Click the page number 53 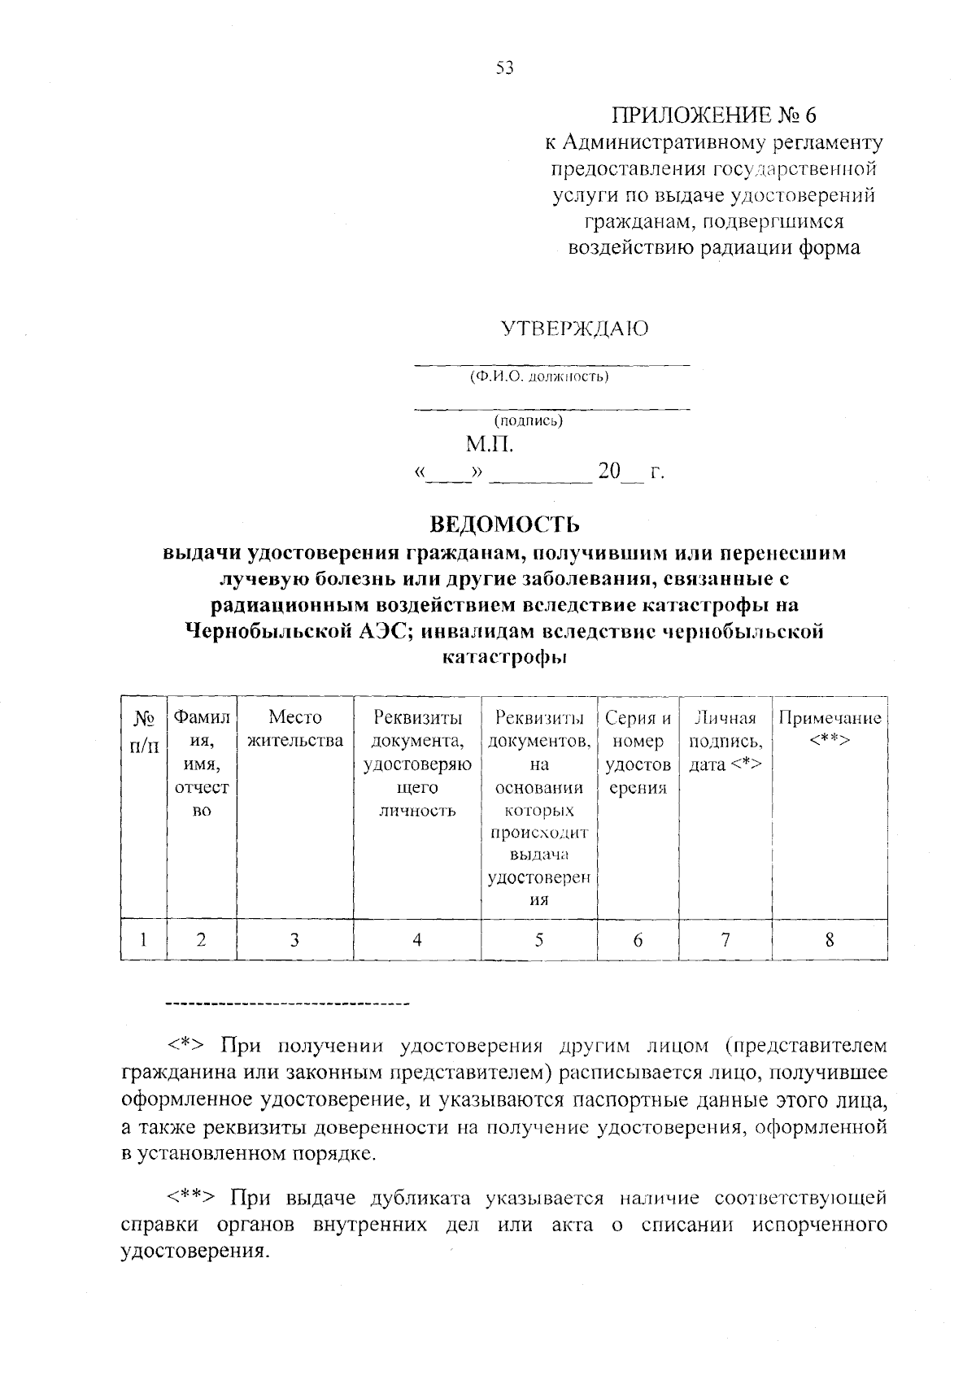click(504, 68)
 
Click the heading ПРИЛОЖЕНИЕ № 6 click(713, 115)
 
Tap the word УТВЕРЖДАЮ click(574, 329)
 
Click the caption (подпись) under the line click(528, 420)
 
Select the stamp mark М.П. click(490, 444)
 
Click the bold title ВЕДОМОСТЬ click(504, 523)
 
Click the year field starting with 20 click(620, 472)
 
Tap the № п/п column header click(144, 730)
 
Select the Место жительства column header click(294, 729)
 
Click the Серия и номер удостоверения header click(638, 752)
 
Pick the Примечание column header click(830, 729)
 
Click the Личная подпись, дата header click(725, 741)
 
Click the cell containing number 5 click(538, 939)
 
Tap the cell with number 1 click(143, 939)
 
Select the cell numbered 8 click(829, 939)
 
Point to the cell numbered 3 click(294, 939)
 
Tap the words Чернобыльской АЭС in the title click(299, 631)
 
